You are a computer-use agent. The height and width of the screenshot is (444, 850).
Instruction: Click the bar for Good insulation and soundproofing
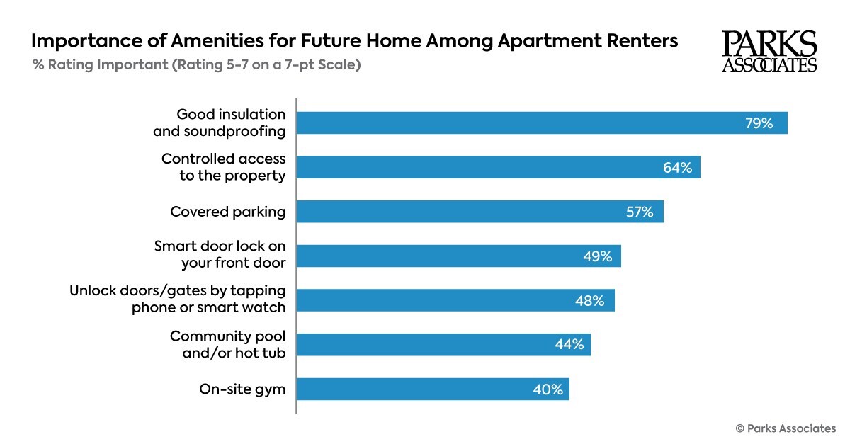tap(541, 123)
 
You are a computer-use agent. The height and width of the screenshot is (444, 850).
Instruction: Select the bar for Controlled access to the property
tap(498, 167)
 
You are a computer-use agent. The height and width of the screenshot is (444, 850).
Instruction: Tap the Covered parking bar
tap(480, 211)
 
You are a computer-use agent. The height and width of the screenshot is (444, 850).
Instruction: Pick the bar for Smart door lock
tap(458, 256)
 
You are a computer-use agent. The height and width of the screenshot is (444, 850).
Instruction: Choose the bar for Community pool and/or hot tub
tap(443, 344)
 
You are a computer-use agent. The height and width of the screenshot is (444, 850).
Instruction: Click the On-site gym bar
tap(432, 389)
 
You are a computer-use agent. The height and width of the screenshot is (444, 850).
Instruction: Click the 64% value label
tap(677, 168)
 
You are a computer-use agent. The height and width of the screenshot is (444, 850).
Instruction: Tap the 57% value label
tap(640, 212)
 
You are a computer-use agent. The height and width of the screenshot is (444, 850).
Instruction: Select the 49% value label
tap(597, 256)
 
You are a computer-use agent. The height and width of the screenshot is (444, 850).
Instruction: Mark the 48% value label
tap(590, 301)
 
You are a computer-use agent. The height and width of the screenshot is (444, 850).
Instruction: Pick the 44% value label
tap(569, 345)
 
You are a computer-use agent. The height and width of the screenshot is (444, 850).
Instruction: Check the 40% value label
tap(548, 389)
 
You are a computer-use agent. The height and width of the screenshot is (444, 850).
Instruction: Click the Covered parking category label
tap(227, 212)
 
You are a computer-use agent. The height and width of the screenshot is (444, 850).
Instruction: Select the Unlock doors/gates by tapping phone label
tap(177, 300)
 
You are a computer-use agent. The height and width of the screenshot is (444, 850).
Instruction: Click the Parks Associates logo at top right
tap(769, 51)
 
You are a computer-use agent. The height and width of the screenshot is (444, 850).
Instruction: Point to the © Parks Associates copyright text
tap(786, 428)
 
